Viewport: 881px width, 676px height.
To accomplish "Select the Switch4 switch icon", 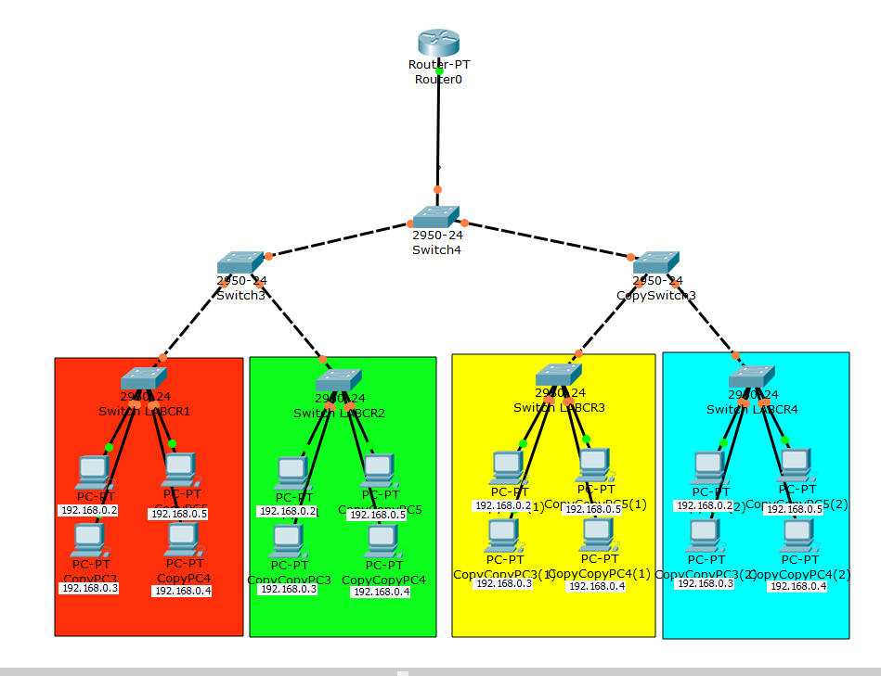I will tap(435, 217).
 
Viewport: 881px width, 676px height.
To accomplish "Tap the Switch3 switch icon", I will tap(241, 262).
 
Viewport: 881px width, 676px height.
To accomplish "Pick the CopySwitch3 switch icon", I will tap(656, 262).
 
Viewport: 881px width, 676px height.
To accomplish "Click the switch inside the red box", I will tap(143, 379).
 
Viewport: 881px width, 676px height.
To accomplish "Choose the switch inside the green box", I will tap(337, 380).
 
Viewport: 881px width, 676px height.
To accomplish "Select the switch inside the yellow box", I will tap(559, 375).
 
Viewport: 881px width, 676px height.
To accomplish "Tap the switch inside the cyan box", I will tap(751, 376).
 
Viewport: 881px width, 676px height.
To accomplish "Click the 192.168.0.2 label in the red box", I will tap(89, 510).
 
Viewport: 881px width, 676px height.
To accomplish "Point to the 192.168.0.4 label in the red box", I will tap(183, 591).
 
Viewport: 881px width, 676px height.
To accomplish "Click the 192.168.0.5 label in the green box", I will tap(377, 514).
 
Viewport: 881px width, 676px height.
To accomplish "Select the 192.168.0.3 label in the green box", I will tap(288, 589).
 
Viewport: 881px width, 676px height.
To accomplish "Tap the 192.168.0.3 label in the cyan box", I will tap(705, 583).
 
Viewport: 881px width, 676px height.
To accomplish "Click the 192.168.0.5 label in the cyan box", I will tap(794, 509).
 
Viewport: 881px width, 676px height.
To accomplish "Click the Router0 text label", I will tap(438, 80).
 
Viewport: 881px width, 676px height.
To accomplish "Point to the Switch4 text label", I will tap(436, 249).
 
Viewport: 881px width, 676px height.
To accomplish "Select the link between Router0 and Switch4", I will tap(438, 130).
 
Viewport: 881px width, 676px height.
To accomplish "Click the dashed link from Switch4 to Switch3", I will tap(339, 239).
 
